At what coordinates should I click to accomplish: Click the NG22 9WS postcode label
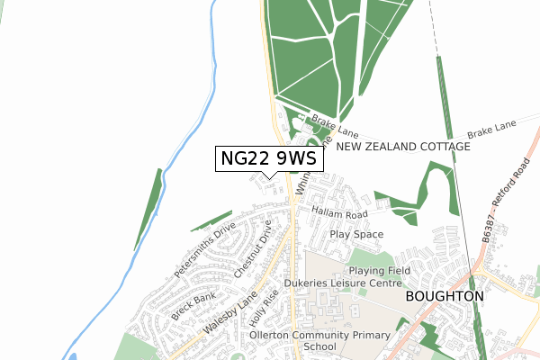(268, 158)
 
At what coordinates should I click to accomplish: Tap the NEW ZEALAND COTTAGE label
(402, 147)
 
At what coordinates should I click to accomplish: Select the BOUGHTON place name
(445, 295)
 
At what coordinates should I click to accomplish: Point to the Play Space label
(356, 234)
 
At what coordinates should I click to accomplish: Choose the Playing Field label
(380, 270)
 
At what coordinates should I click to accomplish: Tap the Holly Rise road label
(267, 310)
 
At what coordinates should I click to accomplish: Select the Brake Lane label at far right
(493, 131)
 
